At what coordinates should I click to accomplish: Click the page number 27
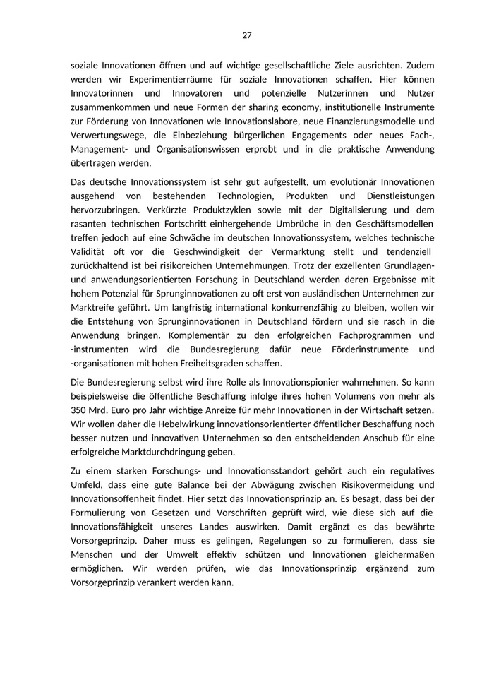[246, 35]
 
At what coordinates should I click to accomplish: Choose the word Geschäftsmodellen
[392, 224]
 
